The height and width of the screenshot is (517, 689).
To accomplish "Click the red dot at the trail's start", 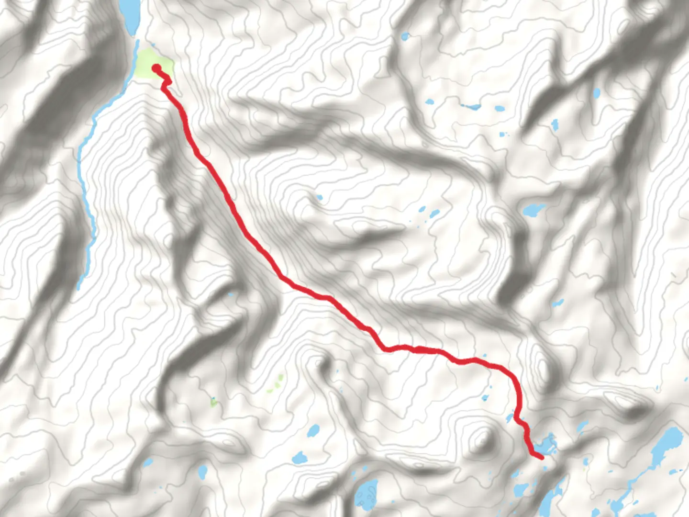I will tap(156, 68).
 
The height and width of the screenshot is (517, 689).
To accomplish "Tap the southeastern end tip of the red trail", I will tap(542, 458).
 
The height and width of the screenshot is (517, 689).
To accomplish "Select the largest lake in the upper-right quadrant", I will tap(533, 210).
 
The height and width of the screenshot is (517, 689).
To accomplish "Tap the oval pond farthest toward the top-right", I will tap(596, 93).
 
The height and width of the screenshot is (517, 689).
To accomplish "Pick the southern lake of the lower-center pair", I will tap(300, 458).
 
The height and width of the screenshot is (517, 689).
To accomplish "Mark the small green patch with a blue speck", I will tap(213, 401).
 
